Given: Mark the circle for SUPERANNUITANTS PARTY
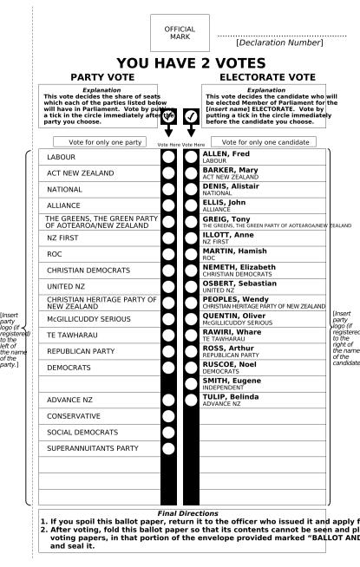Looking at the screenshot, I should (169, 448).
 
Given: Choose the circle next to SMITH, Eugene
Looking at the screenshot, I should (191, 382).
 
